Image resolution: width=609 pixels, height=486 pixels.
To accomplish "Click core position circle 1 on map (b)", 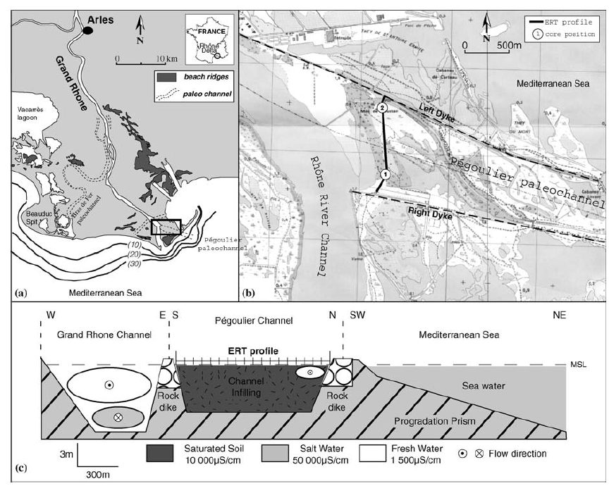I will pyautogui.click(x=385, y=173).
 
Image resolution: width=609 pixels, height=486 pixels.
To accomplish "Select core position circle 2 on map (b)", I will pyautogui.click(x=381, y=108).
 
